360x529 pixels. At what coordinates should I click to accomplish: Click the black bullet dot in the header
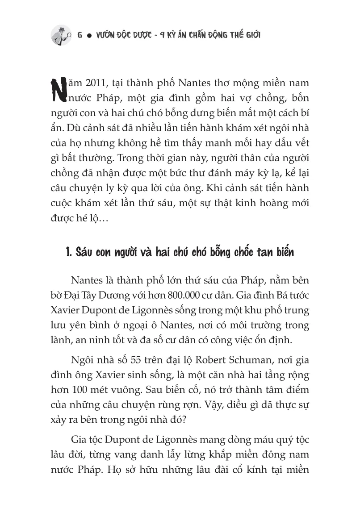pyautogui.click(x=89, y=35)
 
